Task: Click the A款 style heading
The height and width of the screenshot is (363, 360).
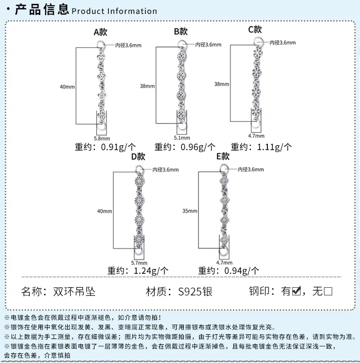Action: tap(100, 32)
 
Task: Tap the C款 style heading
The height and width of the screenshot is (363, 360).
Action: tap(255, 29)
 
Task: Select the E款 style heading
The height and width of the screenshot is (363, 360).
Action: tap(223, 156)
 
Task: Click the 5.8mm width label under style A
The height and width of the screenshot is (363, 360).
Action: tap(102, 139)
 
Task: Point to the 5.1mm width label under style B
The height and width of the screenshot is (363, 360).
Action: tap(182, 138)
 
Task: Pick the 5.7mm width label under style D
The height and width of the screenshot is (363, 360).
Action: tap(139, 263)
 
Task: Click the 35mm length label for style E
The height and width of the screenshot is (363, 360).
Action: tap(190, 211)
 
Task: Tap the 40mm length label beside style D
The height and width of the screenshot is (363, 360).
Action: tap(105, 211)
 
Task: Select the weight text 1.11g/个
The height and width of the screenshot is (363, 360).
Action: tap(274, 147)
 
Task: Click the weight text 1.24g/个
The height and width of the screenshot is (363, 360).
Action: tap(151, 270)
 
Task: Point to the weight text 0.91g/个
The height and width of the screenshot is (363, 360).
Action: tap(118, 147)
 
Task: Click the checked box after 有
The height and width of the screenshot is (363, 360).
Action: tap(297, 291)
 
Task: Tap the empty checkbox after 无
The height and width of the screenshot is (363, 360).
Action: tap(328, 291)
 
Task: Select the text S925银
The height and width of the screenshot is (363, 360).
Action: tap(195, 292)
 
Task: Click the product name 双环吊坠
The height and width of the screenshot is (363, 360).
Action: tap(74, 292)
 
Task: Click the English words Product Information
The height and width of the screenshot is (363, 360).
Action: tap(114, 11)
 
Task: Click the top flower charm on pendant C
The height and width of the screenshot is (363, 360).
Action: tap(258, 53)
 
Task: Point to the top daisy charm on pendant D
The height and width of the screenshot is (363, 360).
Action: tap(140, 181)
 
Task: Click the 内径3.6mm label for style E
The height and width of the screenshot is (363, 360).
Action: tap(251, 169)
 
